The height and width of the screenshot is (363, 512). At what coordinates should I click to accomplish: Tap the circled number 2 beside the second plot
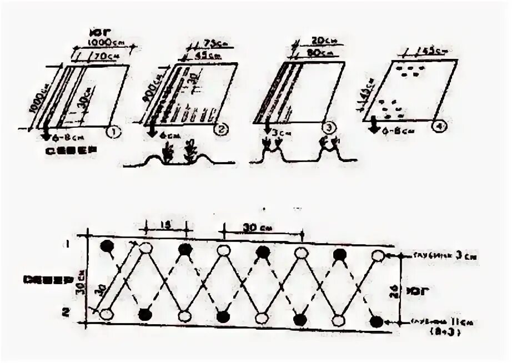point(220,130)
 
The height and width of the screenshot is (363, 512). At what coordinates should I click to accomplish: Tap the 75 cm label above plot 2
point(211,44)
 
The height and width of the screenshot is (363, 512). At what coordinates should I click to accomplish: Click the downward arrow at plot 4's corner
point(375,126)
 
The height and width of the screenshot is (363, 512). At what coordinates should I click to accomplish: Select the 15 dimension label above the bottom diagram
point(164,225)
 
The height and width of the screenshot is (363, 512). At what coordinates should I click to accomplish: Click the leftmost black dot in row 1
point(107,247)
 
